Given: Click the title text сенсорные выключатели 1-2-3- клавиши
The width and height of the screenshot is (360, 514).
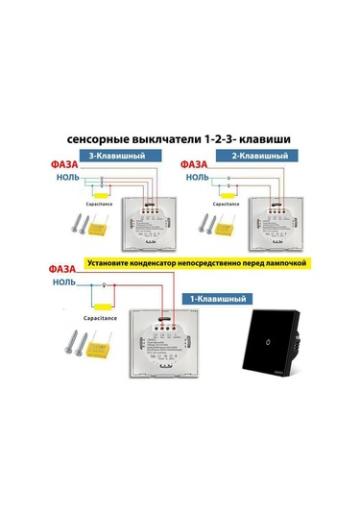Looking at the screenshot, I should pyautogui.click(x=180, y=138).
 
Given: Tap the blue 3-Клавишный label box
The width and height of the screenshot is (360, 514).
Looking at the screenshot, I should pyautogui.click(x=116, y=156).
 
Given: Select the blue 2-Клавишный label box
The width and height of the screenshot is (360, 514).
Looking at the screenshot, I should pyautogui.click(x=262, y=156).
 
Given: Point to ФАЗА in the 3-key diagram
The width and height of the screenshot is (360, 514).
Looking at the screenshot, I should pyautogui.click(x=66, y=165).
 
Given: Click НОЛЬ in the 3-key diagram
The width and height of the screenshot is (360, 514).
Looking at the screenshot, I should pyautogui.click(x=68, y=179).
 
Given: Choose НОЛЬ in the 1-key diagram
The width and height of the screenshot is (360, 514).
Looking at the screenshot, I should pyautogui.click(x=65, y=284).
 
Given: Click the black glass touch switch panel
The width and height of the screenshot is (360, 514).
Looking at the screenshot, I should pyautogui.click(x=282, y=347).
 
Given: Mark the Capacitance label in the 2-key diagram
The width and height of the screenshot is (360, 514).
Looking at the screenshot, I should pyautogui.click(x=228, y=205).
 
